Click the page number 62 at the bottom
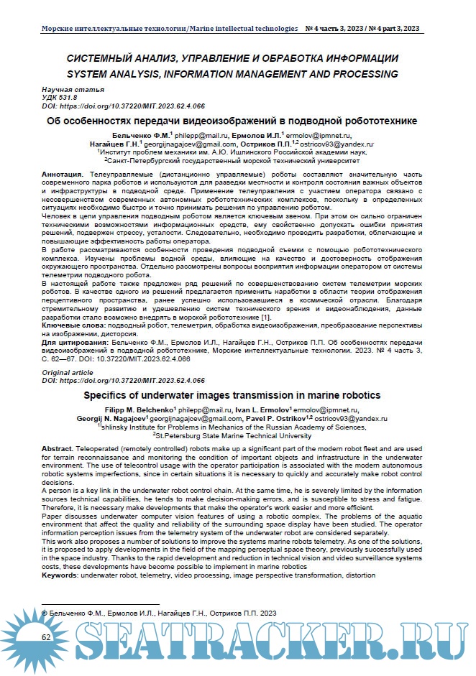pyautogui.click(x=46, y=637)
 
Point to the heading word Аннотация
pyautogui.click(x=63, y=175)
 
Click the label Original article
pyautogui.click(x=68, y=373)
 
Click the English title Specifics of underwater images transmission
pyautogui.click(x=232, y=396)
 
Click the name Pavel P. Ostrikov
pyautogui.click(x=265, y=417)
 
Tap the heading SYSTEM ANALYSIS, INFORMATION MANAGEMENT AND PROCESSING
pyautogui.click(x=232, y=73)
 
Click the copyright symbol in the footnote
pyautogui.click(x=45, y=613)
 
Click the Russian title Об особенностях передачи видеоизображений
pyautogui.click(x=232, y=121)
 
